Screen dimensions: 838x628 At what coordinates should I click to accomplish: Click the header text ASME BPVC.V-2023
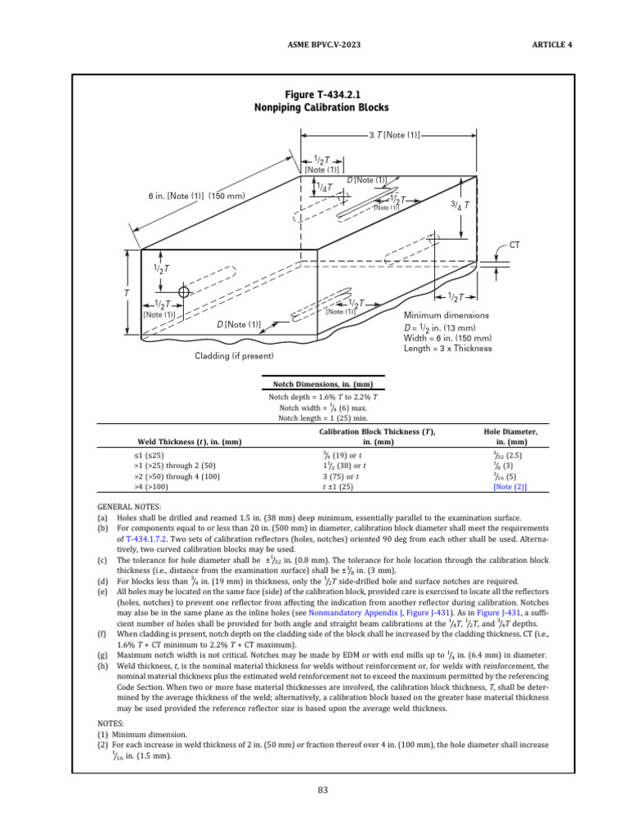click(x=314, y=44)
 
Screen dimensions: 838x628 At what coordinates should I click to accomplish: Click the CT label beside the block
click(x=515, y=245)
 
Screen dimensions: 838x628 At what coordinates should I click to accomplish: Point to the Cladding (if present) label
click(x=234, y=356)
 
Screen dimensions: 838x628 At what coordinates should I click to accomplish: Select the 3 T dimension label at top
click(x=394, y=134)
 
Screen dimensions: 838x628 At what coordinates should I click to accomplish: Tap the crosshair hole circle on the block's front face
click(x=185, y=291)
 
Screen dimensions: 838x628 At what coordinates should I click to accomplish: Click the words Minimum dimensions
click(x=446, y=315)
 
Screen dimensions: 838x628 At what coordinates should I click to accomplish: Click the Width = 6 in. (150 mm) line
click(x=448, y=337)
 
